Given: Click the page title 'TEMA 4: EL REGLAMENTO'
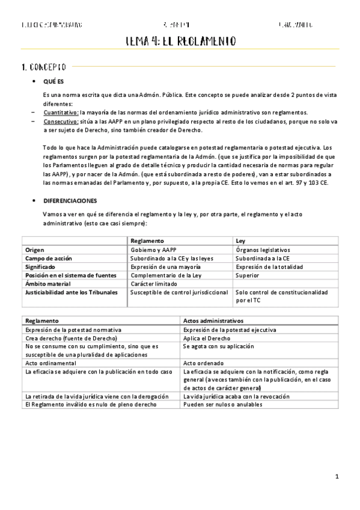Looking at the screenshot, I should (x=180, y=41).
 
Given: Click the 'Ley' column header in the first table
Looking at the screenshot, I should (x=241, y=240).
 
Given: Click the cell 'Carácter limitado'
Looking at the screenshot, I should (x=154, y=283).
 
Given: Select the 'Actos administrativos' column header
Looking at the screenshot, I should (x=213, y=321).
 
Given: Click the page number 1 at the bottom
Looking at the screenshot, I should (x=338, y=477).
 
